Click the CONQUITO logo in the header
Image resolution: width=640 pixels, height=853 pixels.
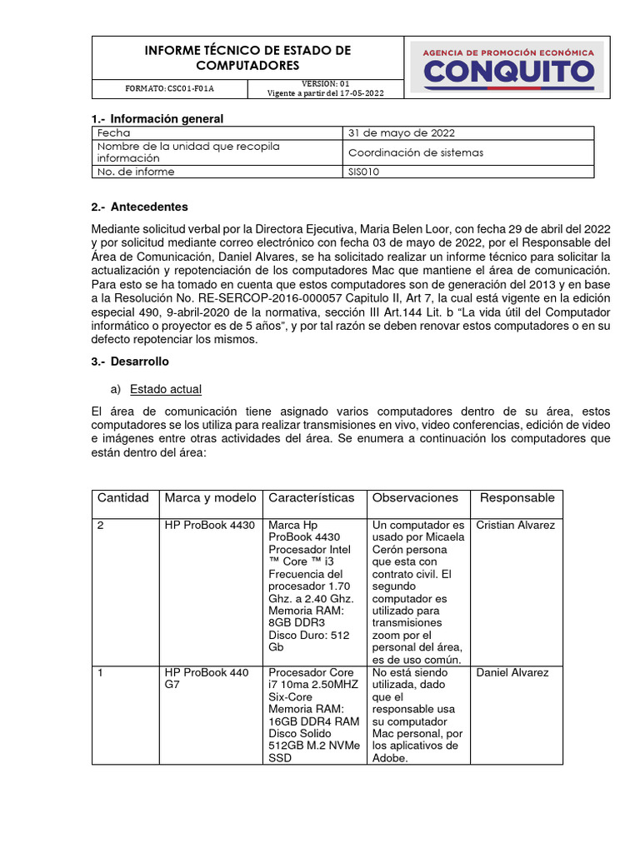[x=509, y=66]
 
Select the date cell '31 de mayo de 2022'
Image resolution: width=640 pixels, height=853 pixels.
[x=402, y=133]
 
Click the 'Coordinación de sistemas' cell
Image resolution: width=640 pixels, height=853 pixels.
[x=416, y=152]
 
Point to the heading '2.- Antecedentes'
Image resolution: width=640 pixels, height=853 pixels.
[x=140, y=207]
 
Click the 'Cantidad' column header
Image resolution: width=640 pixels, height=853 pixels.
[x=123, y=498]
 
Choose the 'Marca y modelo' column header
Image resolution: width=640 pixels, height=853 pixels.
[x=211, y=498]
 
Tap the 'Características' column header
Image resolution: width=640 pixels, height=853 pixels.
[x=311, y=498]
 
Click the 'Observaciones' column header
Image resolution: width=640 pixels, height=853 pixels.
[x=415, y=498]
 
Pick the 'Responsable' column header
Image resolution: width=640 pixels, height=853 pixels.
[x=517, y=498]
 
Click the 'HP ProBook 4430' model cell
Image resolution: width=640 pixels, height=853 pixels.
[x=209, y=526]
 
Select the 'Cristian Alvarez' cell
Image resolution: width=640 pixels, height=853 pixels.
[x=515, y=526]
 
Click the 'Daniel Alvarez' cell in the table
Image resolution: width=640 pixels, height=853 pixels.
[x=512, y=672]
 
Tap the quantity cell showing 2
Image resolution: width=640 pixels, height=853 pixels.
[x=101, y=526]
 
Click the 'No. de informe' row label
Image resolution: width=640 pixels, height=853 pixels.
[x=136, y=172]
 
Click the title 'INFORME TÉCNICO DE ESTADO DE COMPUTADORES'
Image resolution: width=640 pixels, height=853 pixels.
[x=247, y=57]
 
